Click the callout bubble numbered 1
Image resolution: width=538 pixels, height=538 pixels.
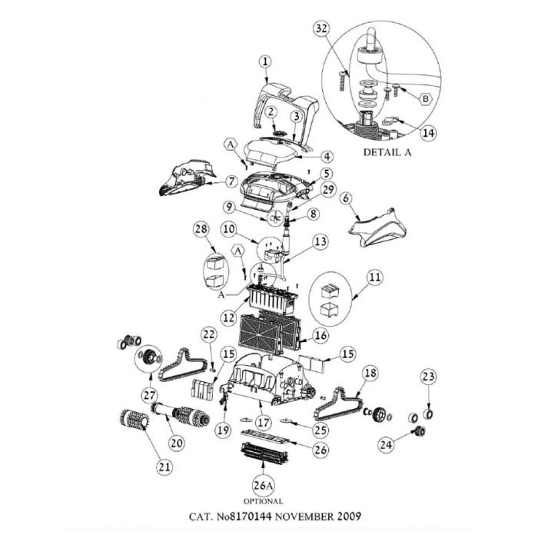265,61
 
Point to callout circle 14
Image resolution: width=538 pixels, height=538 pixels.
428,132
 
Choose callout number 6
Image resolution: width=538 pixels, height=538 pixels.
346,198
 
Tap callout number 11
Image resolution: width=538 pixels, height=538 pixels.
374,275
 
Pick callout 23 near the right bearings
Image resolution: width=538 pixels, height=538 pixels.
428,377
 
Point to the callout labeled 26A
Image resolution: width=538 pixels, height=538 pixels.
264,486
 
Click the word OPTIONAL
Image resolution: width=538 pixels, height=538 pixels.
263,501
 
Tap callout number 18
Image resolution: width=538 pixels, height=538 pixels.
370,373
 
